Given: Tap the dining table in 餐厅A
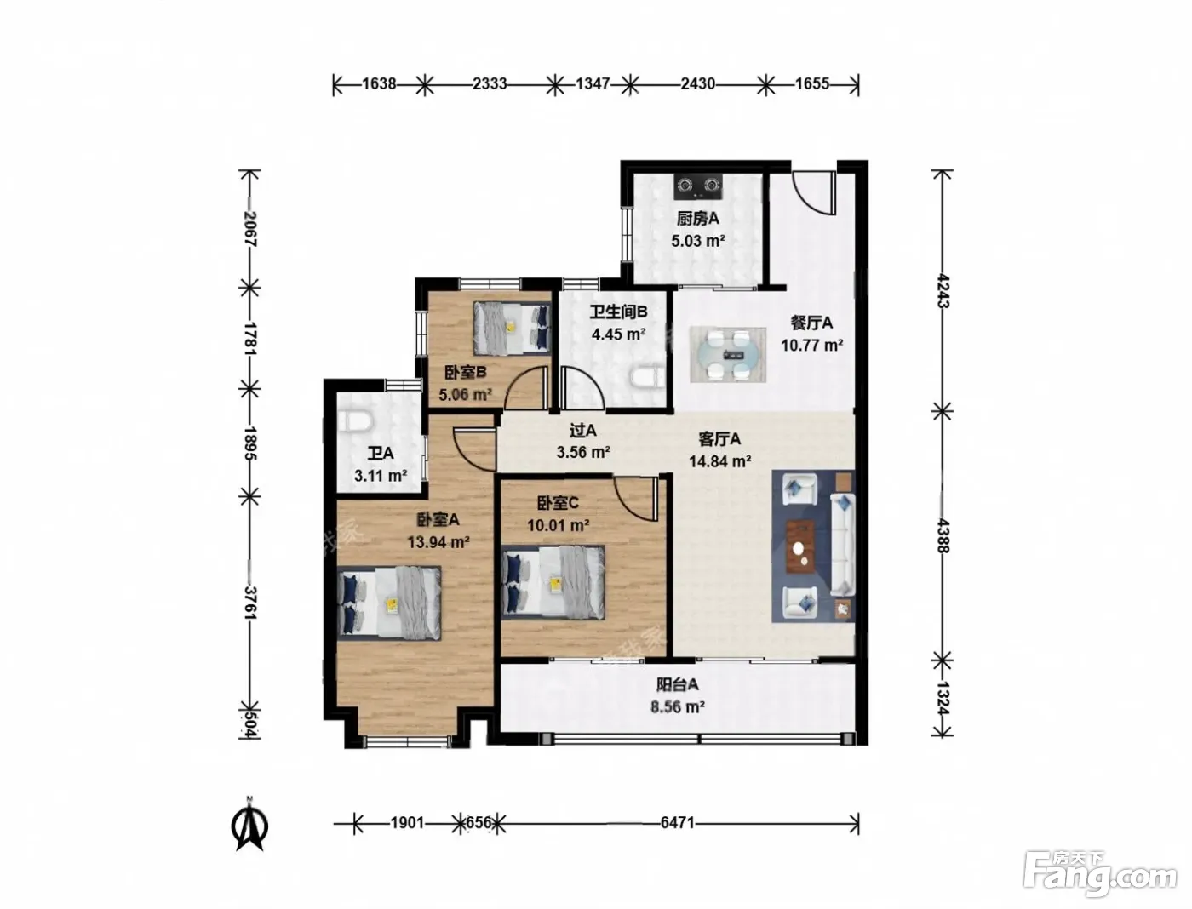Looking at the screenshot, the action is tap(728, 355).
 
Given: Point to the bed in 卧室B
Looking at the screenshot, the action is tap(512, 329).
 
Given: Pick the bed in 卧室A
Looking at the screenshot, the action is tap(389, 603).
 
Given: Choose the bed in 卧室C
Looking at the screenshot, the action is tap(553, 582).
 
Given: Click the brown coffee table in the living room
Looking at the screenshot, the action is tap(800, 546).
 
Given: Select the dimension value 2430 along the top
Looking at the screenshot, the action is tap(697, 84).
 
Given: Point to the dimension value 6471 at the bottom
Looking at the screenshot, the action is tap(677, 823).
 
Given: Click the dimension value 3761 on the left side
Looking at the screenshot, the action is tap(250, 603).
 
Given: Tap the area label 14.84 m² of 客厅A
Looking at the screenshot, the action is tap(720, 461).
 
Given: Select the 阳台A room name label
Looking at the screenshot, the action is tap(677, 685).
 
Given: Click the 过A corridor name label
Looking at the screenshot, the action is tap(582, 431).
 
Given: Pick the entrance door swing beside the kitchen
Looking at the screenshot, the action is tap(814, 192).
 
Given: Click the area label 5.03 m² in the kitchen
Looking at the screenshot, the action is tap(698, 240).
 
